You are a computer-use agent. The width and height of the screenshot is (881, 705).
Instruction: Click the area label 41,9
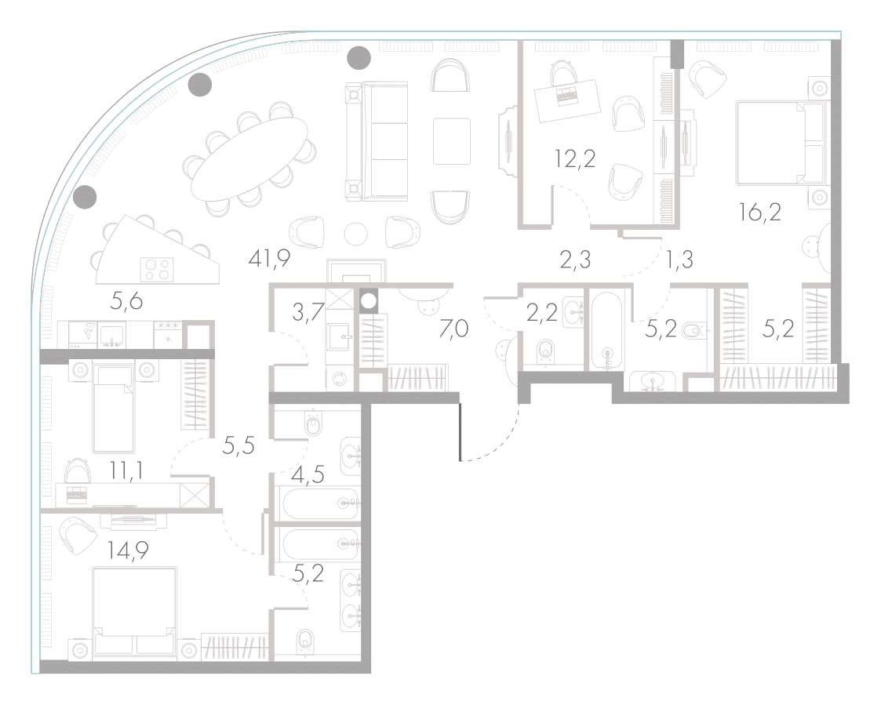tap(269, 259)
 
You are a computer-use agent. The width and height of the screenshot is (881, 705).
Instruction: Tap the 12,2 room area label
tap(575, 159)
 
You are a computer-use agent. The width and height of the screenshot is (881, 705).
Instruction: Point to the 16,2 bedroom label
tap(760, 213)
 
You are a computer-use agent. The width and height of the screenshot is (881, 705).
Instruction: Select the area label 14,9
tap(128, 551)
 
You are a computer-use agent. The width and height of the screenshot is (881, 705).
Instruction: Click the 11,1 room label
tap(126, 471)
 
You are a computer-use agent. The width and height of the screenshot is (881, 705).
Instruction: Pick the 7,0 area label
tap(453, 328)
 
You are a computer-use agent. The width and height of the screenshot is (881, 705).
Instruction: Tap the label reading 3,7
tap(308, 312)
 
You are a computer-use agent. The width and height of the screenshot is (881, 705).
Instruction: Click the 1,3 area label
tap(680, 260)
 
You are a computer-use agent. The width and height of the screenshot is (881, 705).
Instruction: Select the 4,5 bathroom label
tap(308, 475)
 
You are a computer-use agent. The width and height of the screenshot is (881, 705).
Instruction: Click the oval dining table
tap(249, 159)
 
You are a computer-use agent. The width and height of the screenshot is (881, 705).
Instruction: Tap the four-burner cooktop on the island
tap(156, 268)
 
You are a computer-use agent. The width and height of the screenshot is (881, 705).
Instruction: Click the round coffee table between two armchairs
tap(355, 234)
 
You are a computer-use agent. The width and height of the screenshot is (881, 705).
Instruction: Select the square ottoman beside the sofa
tap(452, 141)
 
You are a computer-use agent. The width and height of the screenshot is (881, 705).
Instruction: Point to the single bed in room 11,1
tap(114, 409)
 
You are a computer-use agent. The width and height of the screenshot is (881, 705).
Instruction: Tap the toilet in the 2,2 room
tap(545, 351)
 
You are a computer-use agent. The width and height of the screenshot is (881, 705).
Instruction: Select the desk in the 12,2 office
tap(567, 100)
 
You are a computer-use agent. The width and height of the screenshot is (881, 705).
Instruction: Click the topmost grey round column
tap(359, 58)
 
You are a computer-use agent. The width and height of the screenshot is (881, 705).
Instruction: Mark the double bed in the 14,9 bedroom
tap(135, 612)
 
